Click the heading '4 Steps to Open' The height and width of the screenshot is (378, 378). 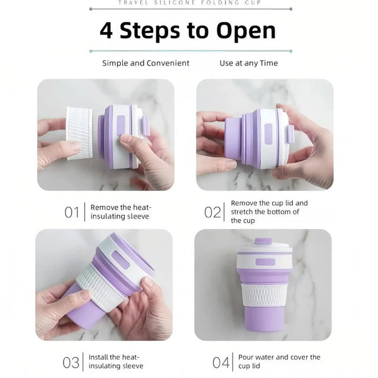click(x=188, y=30)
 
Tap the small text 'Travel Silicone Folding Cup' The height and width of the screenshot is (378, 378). click(x=188, y=3)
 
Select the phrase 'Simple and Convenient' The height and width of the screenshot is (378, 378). click(x=146, y=63)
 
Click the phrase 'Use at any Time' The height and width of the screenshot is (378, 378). click(x=248, y=63)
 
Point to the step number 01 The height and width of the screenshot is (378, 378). click(x=72, y=212)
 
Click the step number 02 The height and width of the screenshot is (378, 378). click(x=212, y=212)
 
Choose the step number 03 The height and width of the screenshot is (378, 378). click(x=71, y=362)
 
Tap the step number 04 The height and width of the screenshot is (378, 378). click(x=220, y=362)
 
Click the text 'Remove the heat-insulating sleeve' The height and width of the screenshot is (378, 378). click(x=121, y=212)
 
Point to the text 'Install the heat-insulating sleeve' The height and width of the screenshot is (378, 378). click(x=116, y=362)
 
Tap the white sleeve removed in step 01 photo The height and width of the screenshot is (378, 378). click(x=79, y=132)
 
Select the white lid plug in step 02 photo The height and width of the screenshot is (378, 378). click(x=290, y=134)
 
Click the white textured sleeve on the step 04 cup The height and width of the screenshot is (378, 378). click(x=263, y=294)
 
